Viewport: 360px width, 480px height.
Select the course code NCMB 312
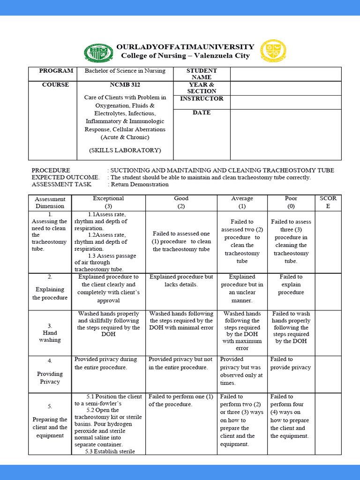[x=125, y=85]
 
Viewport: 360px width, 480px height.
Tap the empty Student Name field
[x=285, y=74]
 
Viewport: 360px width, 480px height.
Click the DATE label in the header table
[x=202, y=112]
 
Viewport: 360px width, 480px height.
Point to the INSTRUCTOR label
[x=202, y=98]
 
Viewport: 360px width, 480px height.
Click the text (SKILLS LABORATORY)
[x=125, y=150]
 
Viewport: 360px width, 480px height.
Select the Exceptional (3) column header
[x=108, y=202]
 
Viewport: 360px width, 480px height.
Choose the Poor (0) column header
[x=291, y=202]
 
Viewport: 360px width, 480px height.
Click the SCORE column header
[x=328, y=202]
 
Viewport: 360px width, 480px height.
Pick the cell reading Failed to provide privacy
[x=290, y=363]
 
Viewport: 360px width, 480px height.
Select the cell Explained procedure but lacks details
[x=181, y=280]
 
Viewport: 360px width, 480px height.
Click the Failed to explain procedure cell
[x=291, y=285]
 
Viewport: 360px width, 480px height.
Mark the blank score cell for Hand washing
[x=328, y=332]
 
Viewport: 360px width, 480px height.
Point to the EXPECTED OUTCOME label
[x=65, y=177]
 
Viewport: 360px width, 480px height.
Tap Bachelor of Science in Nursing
[x=125, y=71]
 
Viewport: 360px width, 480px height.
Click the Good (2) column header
[x=181, y=202]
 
